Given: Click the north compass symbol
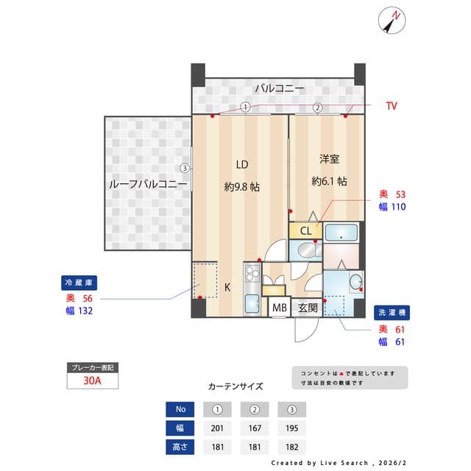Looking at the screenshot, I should click(x=392, y=21).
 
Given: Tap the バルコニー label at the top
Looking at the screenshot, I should click(x=280, y=88).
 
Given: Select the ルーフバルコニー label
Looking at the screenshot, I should click(x=148, y=184).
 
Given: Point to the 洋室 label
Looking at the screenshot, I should click(x=329, y=159).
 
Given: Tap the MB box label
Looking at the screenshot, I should click(x=280, y=308).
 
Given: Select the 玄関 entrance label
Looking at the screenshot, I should click(x=308, y=308).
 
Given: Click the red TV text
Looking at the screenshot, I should click(x=392, y=106).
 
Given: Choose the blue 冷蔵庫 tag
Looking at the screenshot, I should click(x=79, y=283).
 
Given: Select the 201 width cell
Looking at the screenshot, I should click(x=218, y=428).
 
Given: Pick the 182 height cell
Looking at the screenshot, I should click(x=292, y=447).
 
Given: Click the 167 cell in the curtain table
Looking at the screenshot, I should click(x=255, y=428).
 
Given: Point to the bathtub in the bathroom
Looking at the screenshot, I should click(x=341, y=233).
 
